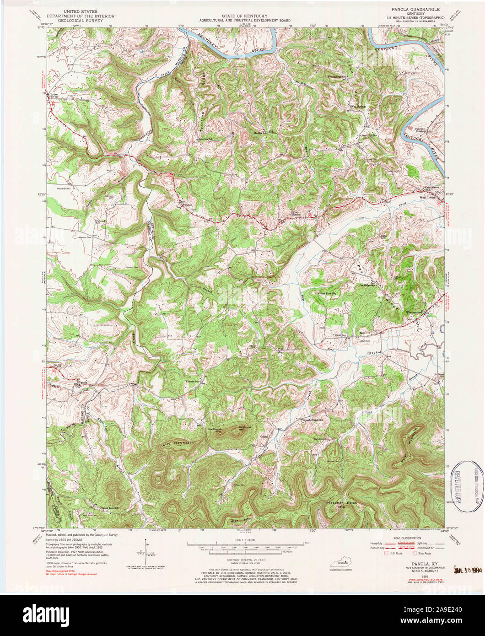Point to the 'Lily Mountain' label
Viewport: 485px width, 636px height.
(178, 443)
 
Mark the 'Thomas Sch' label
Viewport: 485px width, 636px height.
(193, 381)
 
